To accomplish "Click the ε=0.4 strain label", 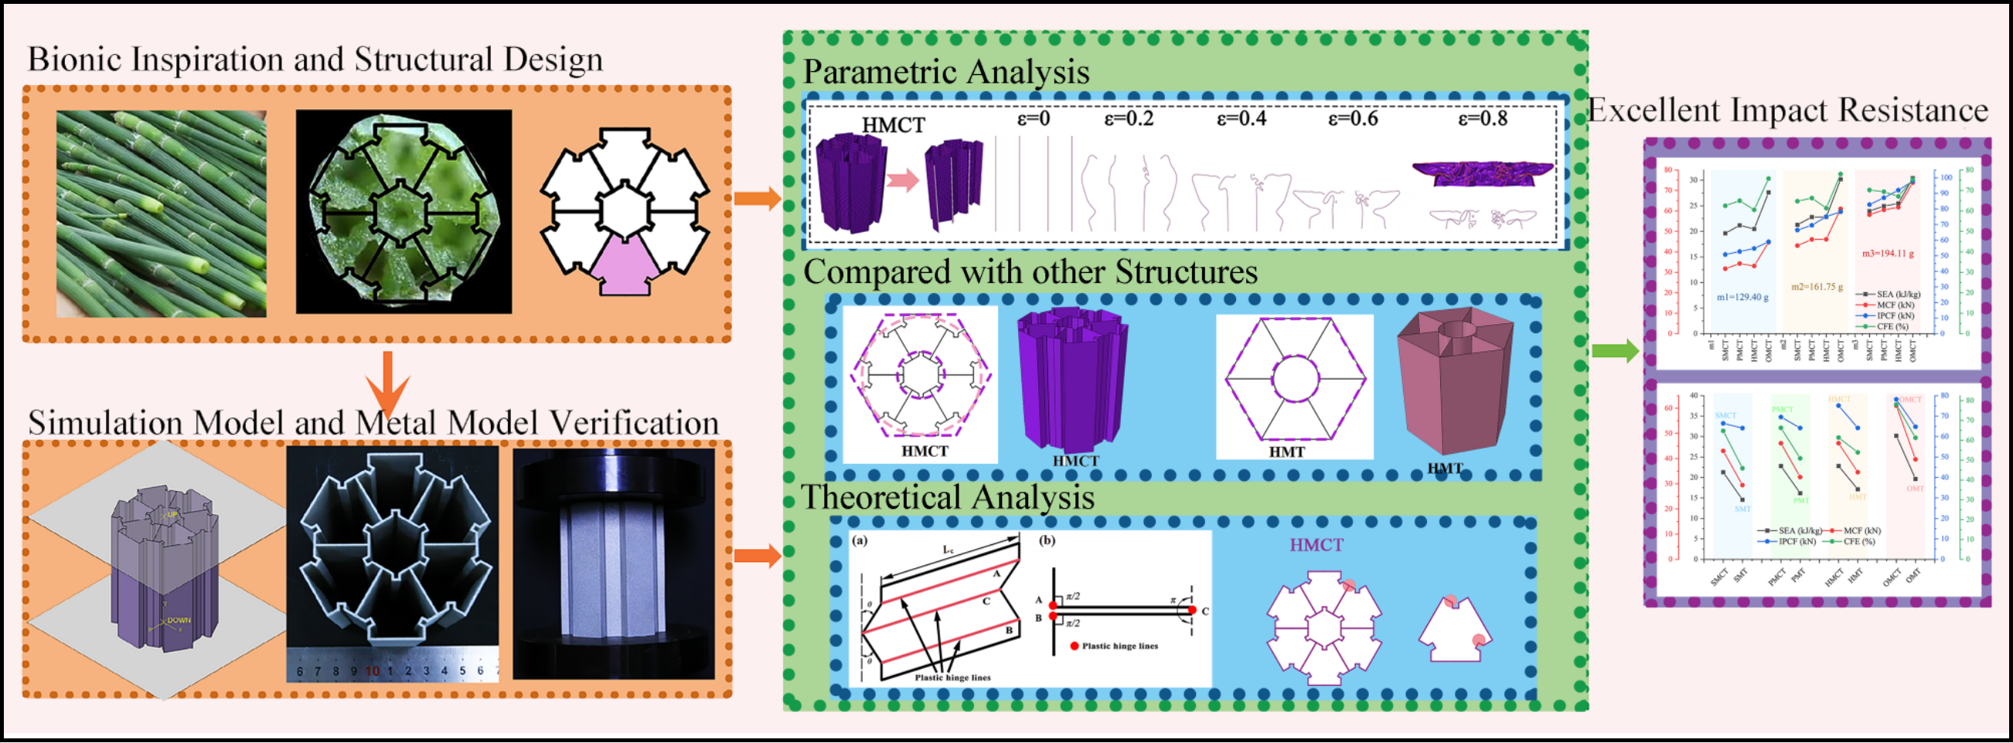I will click(1241, 120).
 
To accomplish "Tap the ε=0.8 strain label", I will click(1483, 120).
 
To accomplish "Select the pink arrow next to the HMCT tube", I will click(903, 181).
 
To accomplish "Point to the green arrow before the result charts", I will click(1615, 351).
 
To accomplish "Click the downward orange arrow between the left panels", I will click(387, 383).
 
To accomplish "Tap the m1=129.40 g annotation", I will click(1742, 298).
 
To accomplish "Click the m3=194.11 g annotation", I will click(1887, 254).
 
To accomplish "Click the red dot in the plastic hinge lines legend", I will click(1075, 646).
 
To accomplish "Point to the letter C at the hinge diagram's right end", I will click(1205, 611).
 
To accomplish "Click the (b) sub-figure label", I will click(1047, 540).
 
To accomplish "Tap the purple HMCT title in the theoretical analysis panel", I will click(1316, 545).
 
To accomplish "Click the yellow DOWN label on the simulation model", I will click(178, 620).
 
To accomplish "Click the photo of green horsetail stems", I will click(161, 213).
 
